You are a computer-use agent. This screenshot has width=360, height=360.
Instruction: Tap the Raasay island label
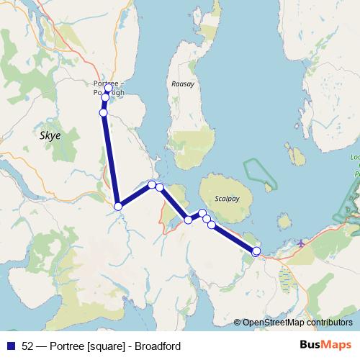183,84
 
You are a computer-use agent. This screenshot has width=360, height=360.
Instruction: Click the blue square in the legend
10,346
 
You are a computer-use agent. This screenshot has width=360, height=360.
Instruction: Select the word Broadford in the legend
156,346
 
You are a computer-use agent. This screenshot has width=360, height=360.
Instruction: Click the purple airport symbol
300,243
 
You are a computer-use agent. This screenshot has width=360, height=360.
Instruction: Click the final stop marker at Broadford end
256,251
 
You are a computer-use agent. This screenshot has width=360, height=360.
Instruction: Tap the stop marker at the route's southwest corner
118,207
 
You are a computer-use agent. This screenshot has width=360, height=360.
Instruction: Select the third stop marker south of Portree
104,112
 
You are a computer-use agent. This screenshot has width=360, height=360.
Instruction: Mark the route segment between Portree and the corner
110,158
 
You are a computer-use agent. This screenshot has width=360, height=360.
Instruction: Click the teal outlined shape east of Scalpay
259,173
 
